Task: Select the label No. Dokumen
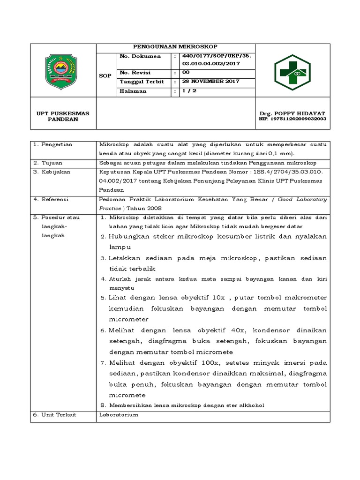click(x=140, y=56)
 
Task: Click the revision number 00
click(x=186, y=73)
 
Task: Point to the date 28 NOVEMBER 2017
click(x=210, y=81)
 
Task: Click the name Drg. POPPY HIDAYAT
click(x=292, y=113)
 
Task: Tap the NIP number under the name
click(x=292, y=119)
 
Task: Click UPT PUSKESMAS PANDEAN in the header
click(x=63, y=116)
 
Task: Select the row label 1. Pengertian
click(x=52, y=144)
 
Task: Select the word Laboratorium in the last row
click(x=119, y=415)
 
